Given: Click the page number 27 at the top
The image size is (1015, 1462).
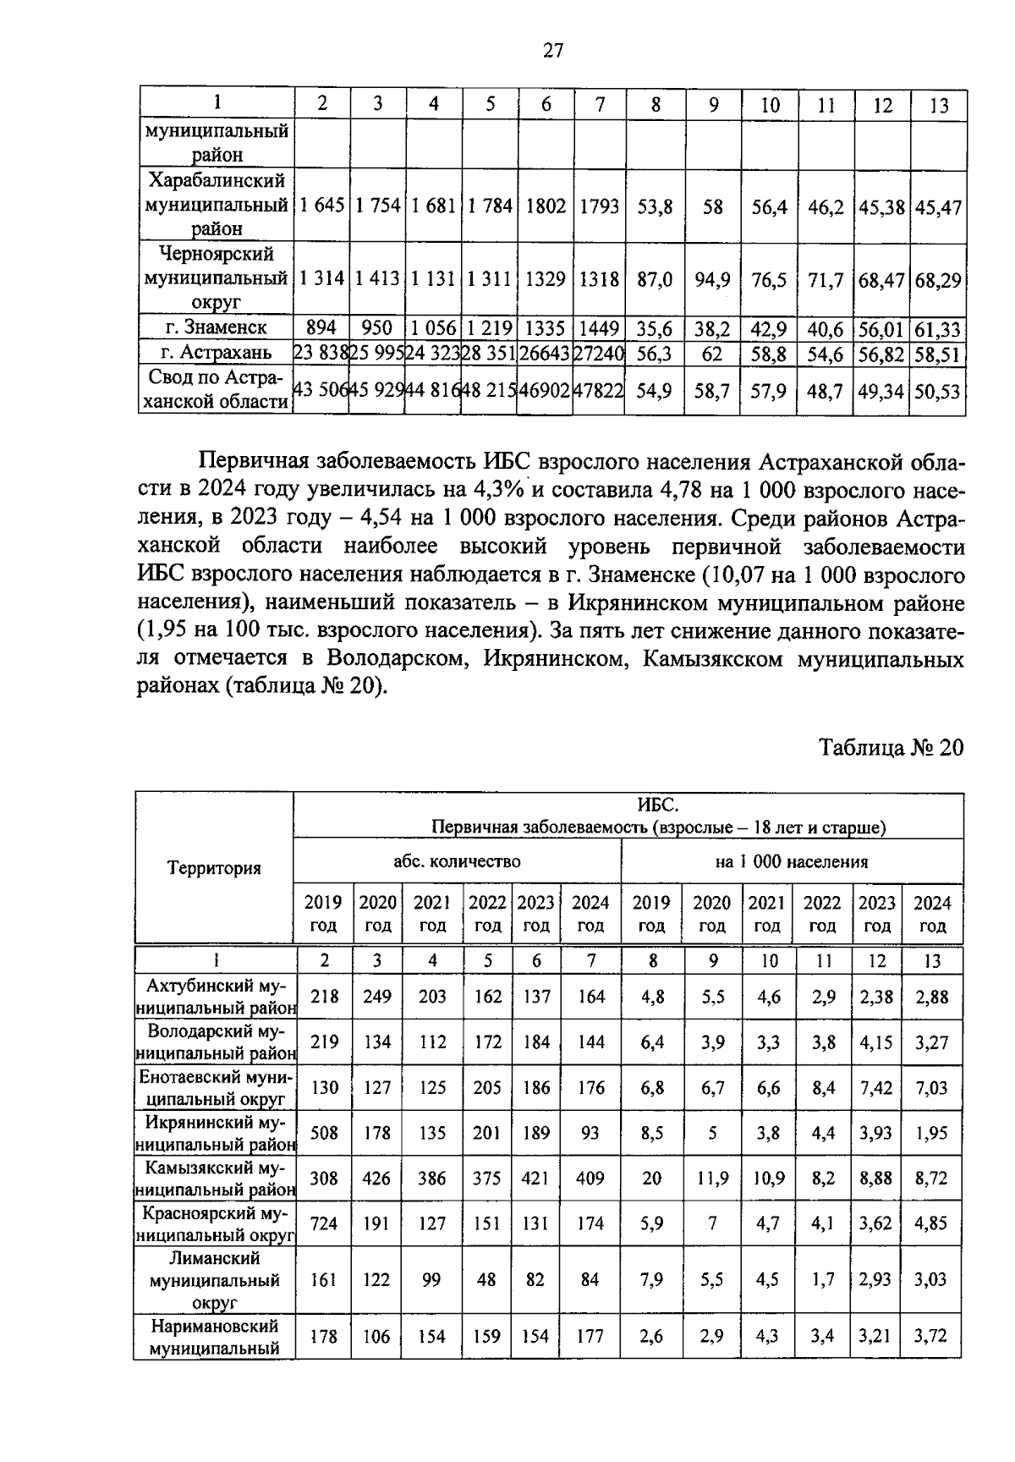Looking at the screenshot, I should click(x=552, y=51).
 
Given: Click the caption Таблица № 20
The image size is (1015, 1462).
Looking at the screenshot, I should click(x=891, y=748).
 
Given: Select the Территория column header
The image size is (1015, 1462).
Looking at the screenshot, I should click(x=214, y=868).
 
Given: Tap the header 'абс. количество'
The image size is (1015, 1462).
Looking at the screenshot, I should click(x=457, y=861).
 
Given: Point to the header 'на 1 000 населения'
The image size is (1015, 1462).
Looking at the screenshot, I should click(x=791, y=861).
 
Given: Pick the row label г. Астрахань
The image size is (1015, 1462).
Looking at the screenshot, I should click(x=217, y=353).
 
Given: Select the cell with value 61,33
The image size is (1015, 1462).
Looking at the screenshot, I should click(x=938, y=328).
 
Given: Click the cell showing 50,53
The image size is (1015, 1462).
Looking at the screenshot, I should click(x=938, y=392).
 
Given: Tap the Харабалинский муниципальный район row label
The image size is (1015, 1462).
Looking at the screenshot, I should click(x=217, y=205).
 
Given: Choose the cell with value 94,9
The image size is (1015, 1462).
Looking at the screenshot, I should click(x=712, y=280).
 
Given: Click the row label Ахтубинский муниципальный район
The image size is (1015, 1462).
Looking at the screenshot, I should click(x=217, y=997).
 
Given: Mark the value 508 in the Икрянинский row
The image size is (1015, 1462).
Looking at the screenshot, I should click(x=324, y=1133).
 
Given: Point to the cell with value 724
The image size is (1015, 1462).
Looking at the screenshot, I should click(x=324, y=1223).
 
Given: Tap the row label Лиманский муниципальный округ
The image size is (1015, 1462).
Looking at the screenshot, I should click(x=215, y=1280).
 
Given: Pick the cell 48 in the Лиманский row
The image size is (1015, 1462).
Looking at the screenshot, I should click(x=486, y=1280).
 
